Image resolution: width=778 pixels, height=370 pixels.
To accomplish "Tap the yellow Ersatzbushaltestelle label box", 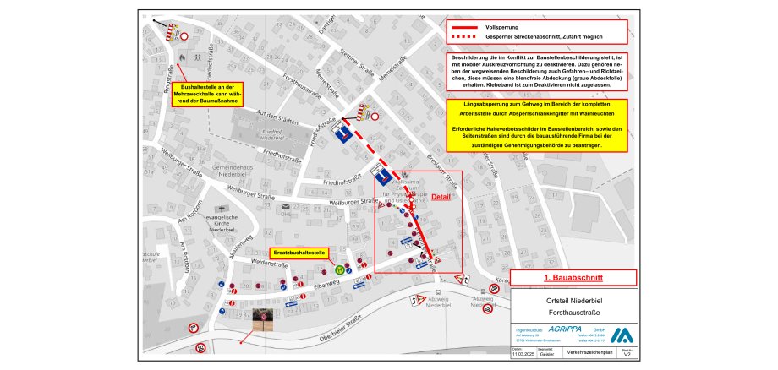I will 298,253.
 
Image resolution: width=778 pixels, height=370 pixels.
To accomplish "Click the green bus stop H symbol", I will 339,269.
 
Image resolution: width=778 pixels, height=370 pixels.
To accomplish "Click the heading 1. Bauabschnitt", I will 573,277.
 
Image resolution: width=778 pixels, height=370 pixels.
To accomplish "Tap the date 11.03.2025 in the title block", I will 523,356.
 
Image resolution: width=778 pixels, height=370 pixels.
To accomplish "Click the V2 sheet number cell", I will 625,356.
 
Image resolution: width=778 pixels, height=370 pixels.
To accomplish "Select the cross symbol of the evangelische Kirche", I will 222,209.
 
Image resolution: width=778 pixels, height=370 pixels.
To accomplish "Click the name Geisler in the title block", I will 548,356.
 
